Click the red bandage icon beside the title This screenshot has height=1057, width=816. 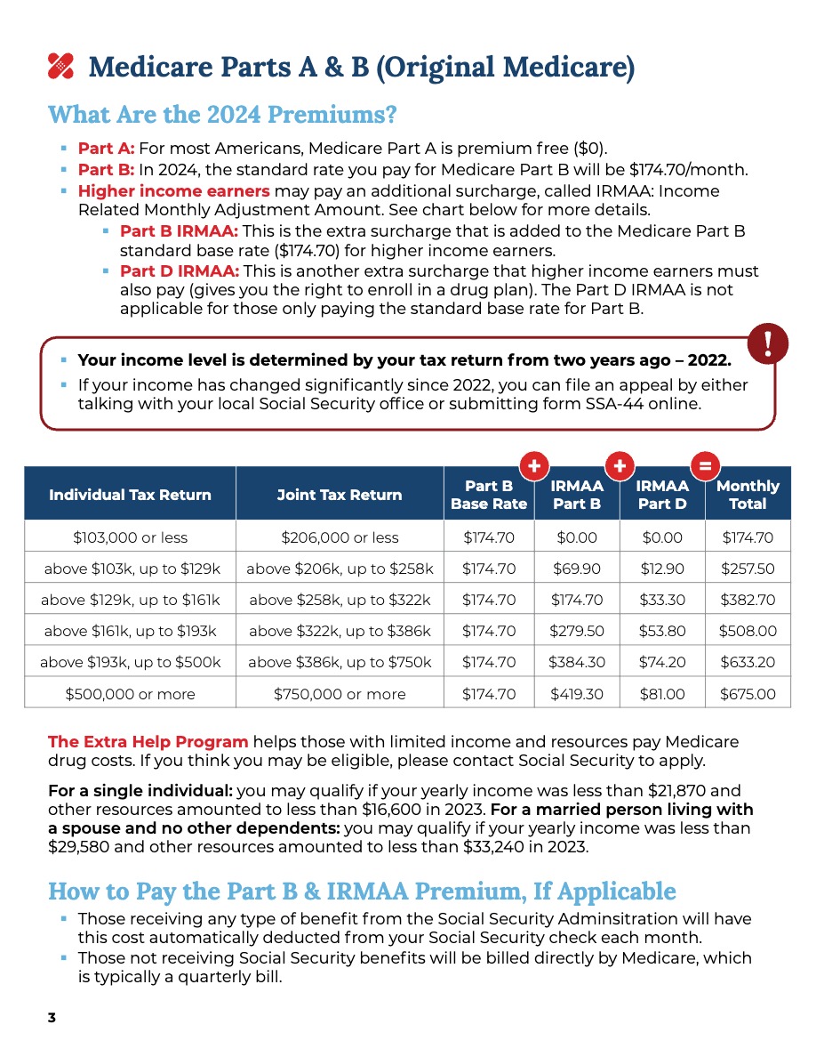[x=60, y=66]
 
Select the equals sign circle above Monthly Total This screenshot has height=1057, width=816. [x=705, y=465]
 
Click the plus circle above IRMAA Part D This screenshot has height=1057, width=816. [x=620, y=465]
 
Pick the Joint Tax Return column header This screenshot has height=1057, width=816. [x=340, y=495]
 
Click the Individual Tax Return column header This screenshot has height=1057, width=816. [x=130, y=495]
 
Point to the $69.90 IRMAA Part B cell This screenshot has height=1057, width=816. [x=576, y=569]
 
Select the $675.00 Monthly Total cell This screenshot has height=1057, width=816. [x=747, y=694]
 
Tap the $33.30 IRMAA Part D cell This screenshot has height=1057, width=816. [x=662, y=600]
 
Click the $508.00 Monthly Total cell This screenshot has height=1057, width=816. [x=747, y=632]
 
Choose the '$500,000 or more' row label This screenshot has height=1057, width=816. [x=130, y=694]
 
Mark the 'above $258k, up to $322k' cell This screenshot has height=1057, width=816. [x=340, y=600]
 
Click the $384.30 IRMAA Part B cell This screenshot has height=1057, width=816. [x=576, y=663]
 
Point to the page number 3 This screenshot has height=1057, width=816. [x=52, y=1018]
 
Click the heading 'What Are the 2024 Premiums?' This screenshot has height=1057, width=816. [x=221, y=115]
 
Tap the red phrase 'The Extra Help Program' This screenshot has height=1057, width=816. [x=148, y=742]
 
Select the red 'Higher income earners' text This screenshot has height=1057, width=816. [x=173, y=191]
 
